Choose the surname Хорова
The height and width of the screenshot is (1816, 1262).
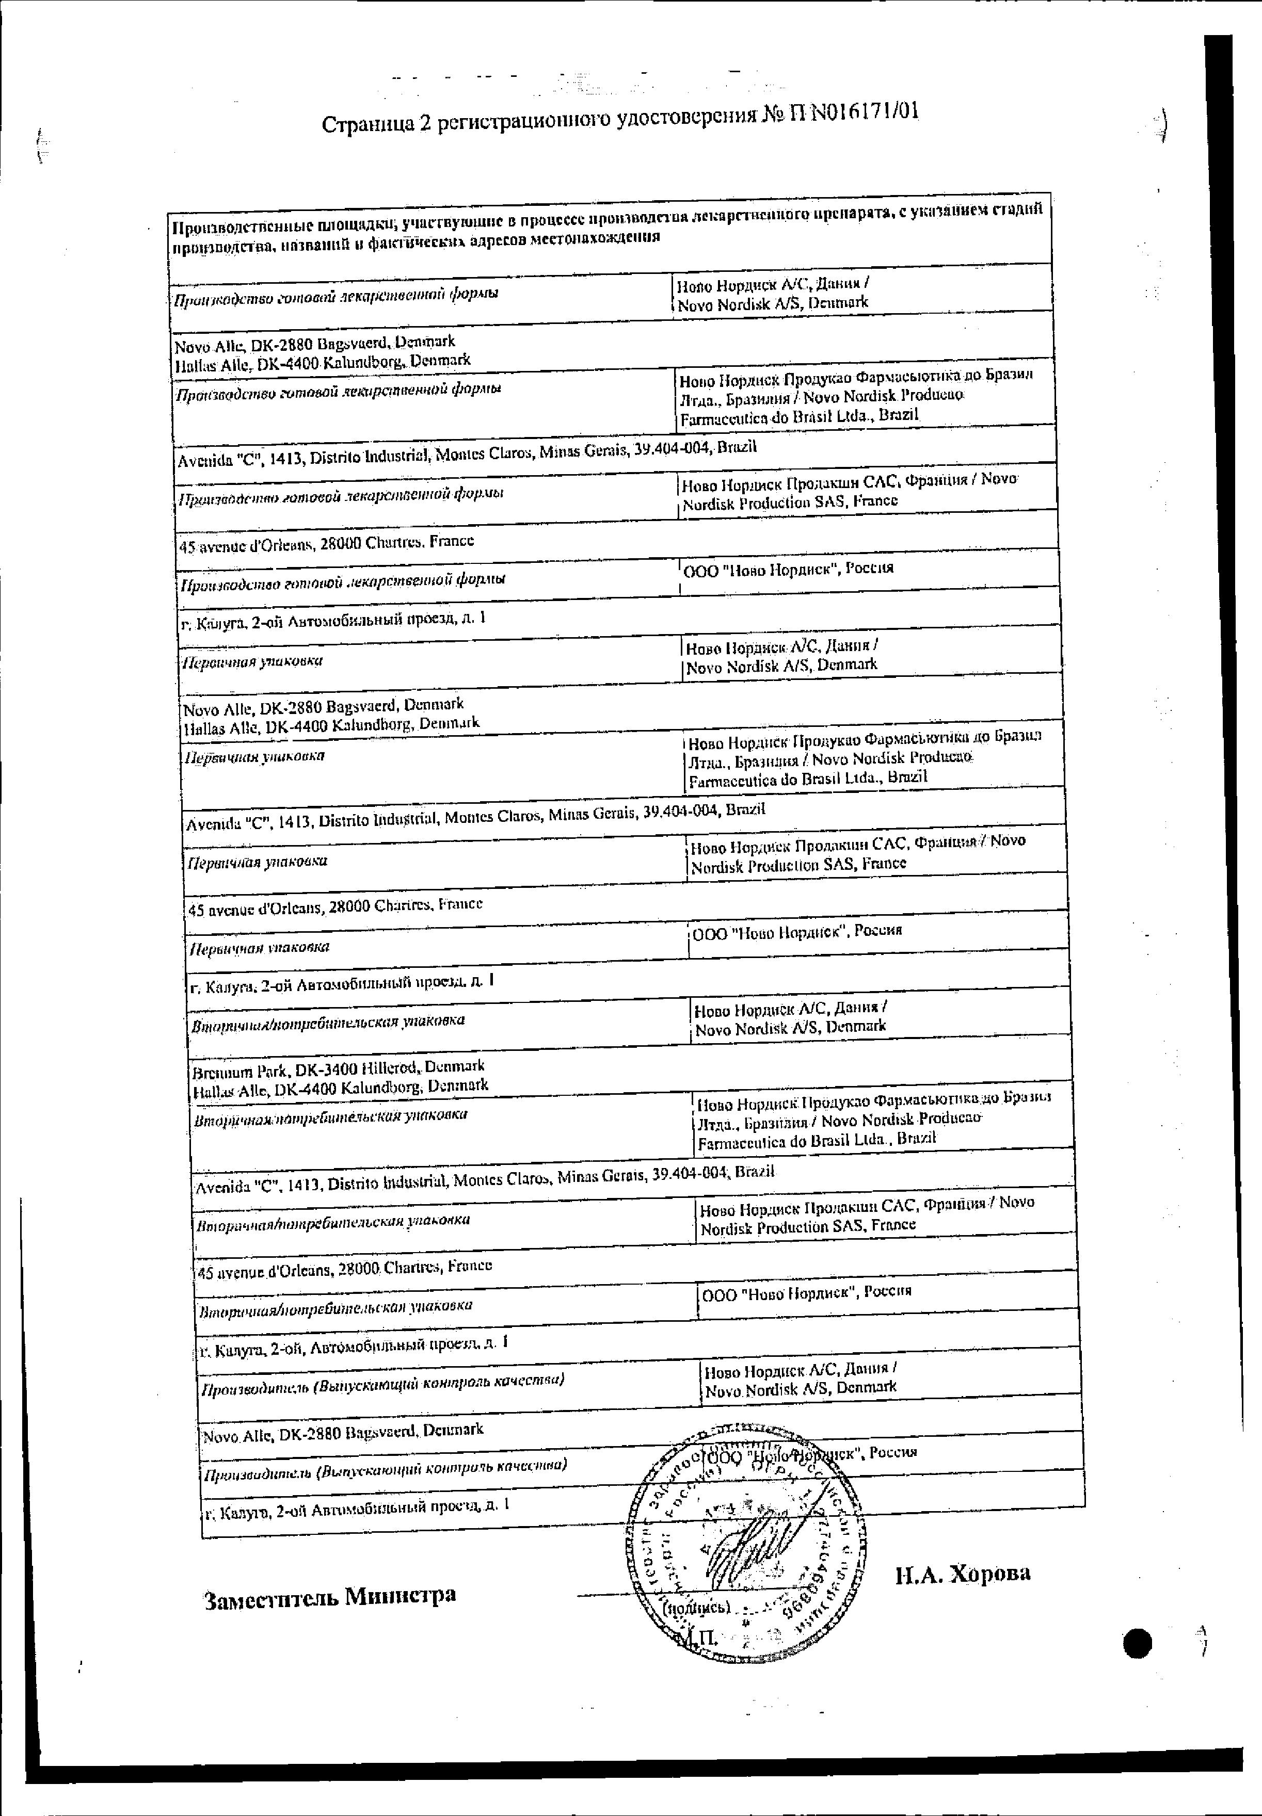[x=989, y=1572]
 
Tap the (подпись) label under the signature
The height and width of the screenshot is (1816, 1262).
[x=696, y=1607]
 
